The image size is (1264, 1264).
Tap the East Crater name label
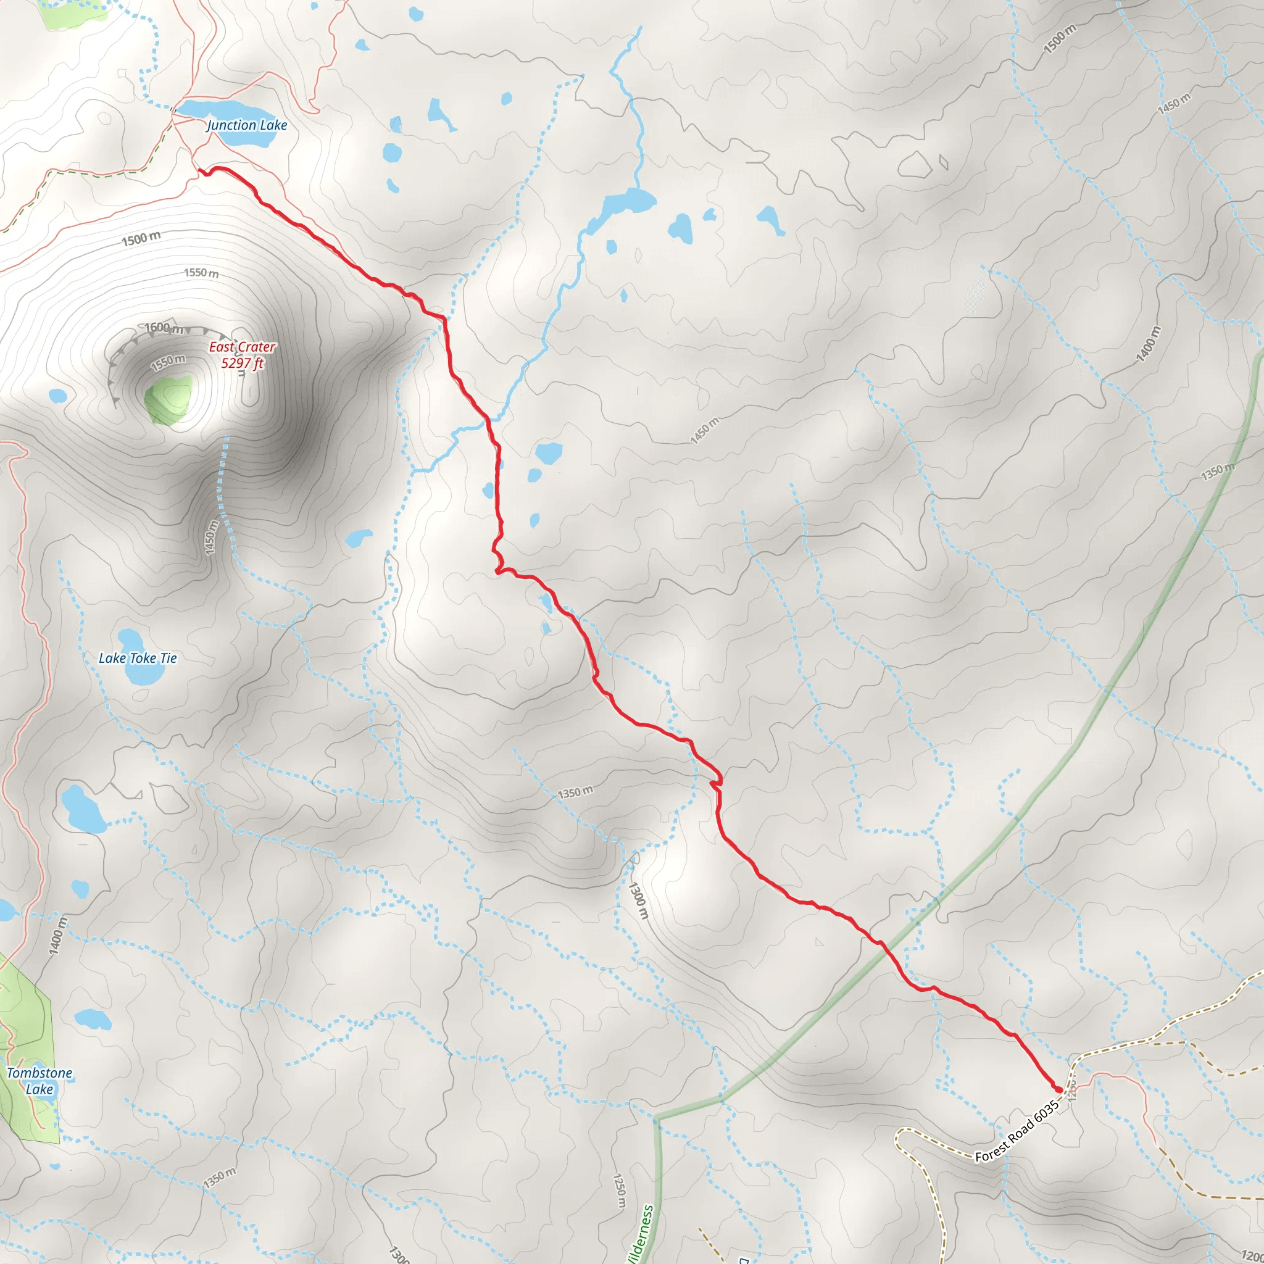[x=241, y=347]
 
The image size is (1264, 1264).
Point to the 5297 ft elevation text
[x=242, y=363]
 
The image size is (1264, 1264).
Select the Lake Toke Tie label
[x=138, y=658]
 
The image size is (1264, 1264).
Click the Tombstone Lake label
[x=39, y=1081]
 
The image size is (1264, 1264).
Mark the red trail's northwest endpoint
[x=200, y=172]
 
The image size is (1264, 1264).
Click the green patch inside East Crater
[x=168, y=400]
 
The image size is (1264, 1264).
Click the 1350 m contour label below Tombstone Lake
[x=219, y=1178]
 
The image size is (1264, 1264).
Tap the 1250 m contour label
[x=619, y=1191]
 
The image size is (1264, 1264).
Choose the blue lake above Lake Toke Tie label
[x=130, y=638]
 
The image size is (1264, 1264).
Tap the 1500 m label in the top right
[x=1059, y=39]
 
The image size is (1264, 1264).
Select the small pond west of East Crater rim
[x=57, y=396]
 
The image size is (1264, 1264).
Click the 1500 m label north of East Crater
[x=141, y=239]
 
